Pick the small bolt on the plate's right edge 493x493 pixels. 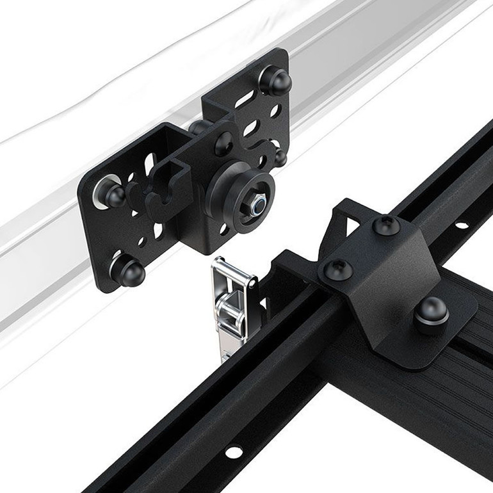[x=279, y=156]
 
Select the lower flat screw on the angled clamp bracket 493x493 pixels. [x=334, y=270]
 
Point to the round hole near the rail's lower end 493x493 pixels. [x=234, y=452]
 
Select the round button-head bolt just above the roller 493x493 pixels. [x=223, y=141]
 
